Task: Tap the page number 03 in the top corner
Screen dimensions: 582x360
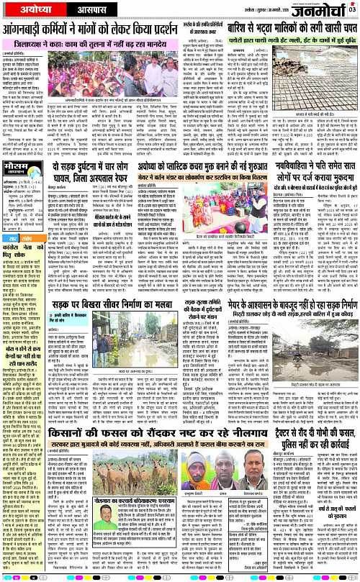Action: coord(353,8)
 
